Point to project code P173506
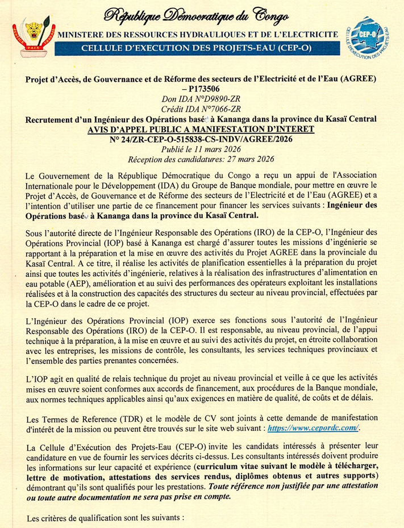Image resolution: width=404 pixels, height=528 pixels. coord(203,90)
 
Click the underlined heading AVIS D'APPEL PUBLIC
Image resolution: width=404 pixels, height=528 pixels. coord(202,130)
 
